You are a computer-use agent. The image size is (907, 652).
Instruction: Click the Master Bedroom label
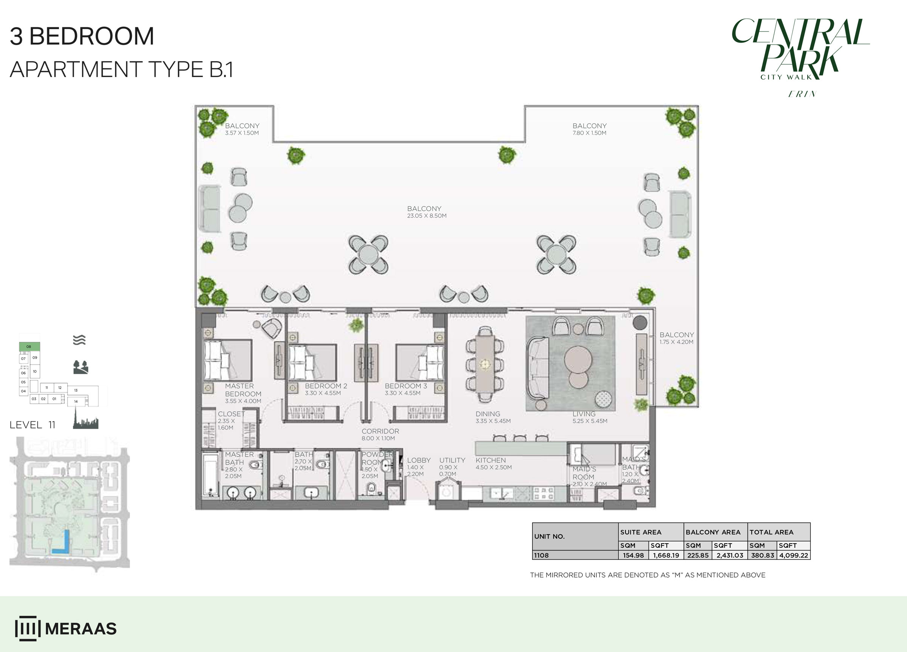243,390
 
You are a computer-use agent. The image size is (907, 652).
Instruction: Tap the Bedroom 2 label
326,386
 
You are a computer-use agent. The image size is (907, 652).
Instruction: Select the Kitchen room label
491,460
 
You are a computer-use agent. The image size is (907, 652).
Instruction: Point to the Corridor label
380,431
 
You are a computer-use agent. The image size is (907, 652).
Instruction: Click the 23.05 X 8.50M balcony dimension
427,216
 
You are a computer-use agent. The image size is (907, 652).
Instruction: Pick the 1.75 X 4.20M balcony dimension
676,342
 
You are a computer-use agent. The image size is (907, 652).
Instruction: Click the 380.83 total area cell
762,555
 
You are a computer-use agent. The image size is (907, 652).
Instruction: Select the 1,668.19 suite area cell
666,555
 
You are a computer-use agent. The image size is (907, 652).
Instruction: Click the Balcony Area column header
713,532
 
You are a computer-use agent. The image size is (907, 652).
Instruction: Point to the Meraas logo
66,629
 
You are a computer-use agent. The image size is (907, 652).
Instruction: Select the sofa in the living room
537,369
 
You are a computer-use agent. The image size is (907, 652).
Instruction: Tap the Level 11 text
33,425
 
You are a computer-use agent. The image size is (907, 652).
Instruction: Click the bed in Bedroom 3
420,362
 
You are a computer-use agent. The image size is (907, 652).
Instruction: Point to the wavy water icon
79,340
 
